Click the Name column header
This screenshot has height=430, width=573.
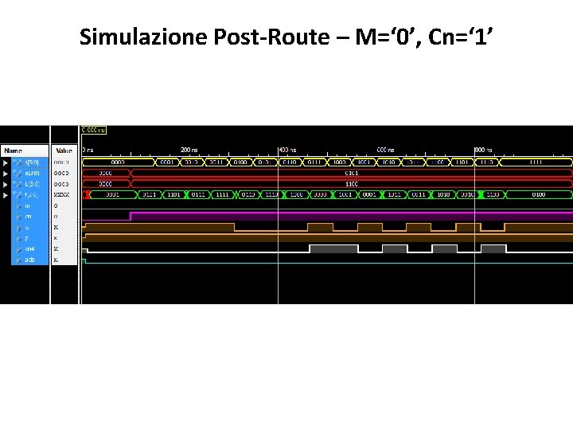point(14,150)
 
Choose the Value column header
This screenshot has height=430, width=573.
point(64,150)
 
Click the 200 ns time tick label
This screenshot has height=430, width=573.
point(189,150)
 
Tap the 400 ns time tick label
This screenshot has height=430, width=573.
point(286,150)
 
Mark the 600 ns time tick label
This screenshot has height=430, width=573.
point(385,150)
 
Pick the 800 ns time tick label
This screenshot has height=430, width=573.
point(483,150)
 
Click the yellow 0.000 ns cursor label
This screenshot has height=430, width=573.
point(93,130)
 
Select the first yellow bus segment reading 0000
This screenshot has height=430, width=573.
point(117,162)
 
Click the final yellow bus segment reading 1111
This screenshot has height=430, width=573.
point(537,162)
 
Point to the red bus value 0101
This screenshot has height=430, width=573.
point(350,172)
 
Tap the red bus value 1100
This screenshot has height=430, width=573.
point(350,183)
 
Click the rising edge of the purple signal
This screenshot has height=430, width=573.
point(131,215)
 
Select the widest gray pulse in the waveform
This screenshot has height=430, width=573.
point(333,248)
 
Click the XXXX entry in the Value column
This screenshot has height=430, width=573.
point(62,194)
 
